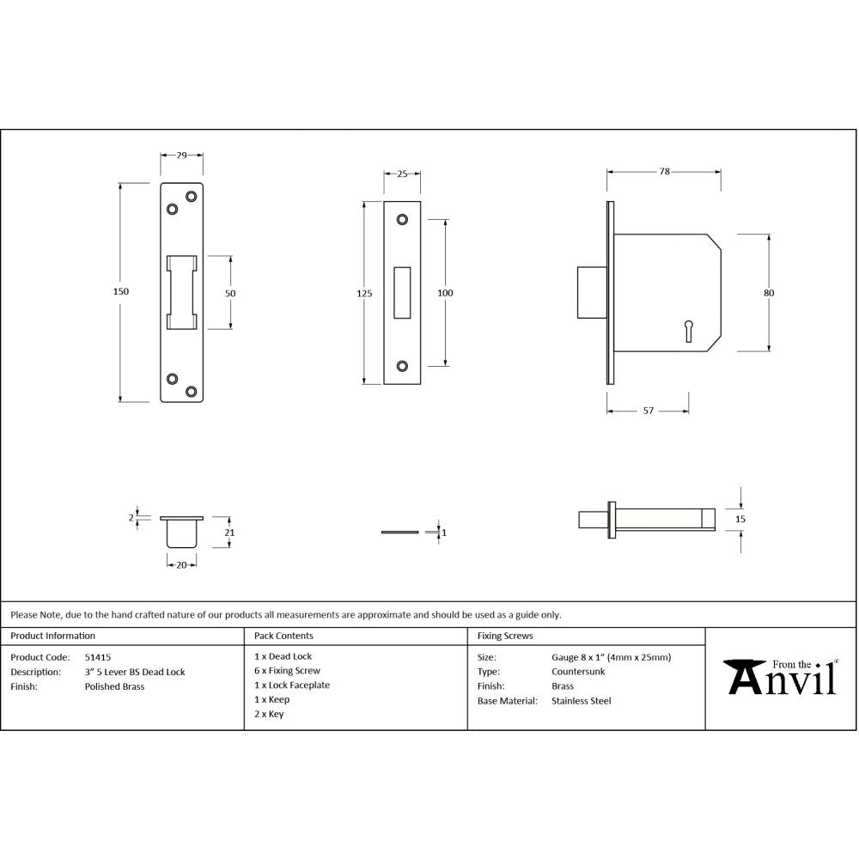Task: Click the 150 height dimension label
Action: point(121,292)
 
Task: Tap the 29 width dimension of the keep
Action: point(182,155)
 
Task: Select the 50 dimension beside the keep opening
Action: point(230,293)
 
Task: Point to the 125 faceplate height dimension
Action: point(364,293)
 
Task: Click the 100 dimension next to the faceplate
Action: point(445,293)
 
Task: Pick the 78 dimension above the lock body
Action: point(664,172)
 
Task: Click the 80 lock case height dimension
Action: point(768,293)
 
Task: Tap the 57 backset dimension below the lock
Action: point(649,411)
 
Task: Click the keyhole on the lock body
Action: point(688,329)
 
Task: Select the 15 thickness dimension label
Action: point(740,519)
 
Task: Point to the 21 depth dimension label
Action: point(229,533)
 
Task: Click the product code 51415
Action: point(97,657)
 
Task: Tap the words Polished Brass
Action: point(114,686)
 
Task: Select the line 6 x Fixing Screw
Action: point(287,671)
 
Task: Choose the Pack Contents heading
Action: point(283,637)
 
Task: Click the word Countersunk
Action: point(578,672)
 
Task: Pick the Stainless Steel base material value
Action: point(582,701)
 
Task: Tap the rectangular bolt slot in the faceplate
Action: point(402,292)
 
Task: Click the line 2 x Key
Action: point(269,714)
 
